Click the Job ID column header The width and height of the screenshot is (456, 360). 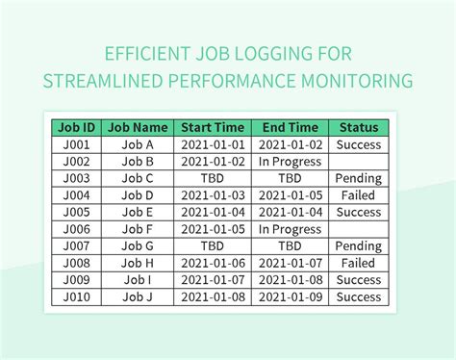tap(76, 127)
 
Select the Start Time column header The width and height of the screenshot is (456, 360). tap(212, 127)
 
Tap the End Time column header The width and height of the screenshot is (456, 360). tap(290, 127)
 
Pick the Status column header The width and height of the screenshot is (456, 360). tap(359, 127)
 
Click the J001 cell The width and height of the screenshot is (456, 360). tap(76, 144)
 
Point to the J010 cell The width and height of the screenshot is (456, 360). tap(76, 296)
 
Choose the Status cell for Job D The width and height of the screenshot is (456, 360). tap(359, 195)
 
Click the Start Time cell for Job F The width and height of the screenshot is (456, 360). tap(212, 229)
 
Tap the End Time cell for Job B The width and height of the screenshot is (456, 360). tap(290, 162)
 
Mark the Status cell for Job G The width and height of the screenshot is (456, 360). tap(359, 246)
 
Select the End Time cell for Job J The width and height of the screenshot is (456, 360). tap(290, 296)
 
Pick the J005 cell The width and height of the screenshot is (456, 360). tap(76, 212)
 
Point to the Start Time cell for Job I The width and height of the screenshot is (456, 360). tap(212, 280)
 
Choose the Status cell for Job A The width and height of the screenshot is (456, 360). tap(359, 144)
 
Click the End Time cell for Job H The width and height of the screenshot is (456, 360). tap(290, 263)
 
